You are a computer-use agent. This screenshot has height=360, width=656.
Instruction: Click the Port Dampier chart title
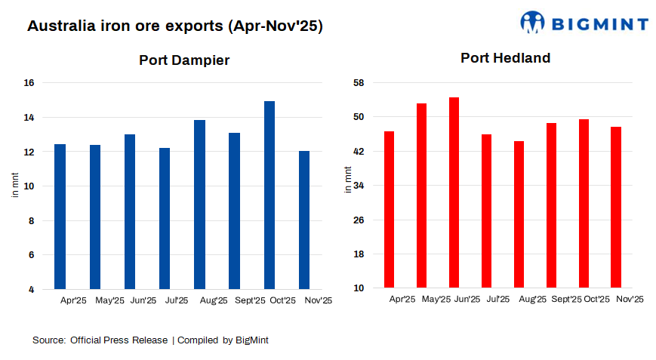[184, 60]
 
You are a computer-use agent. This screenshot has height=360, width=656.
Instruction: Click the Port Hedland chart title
[506, 58]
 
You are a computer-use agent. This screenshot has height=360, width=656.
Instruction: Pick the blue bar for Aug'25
[199, 205]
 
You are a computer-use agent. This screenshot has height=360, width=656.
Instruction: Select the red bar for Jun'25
[454, 192]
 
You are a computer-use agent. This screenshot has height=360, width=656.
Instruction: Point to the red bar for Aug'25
[519, 214]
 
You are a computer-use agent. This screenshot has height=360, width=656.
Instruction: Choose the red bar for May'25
[421, 195]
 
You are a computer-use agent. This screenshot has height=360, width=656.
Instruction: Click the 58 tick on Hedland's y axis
[360, 82]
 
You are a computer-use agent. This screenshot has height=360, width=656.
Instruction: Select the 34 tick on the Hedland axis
[360, 186]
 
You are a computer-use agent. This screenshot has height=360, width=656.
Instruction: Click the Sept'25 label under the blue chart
[250, 300]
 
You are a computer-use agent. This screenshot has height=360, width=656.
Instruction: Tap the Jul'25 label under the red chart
[497, 299]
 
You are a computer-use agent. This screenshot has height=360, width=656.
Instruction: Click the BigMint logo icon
[532, 22]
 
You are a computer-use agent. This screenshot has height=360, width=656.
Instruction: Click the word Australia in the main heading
[61, 26]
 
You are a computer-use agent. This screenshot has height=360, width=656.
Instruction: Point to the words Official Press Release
[119, 340]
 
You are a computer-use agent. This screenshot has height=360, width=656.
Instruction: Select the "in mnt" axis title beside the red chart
[347, 179]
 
